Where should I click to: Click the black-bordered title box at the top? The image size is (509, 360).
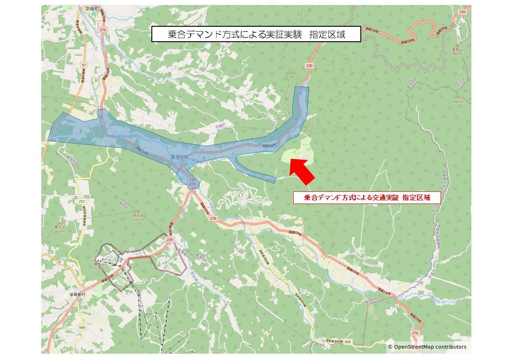pyautogui.click(x=256, y=34)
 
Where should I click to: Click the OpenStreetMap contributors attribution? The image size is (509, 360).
pyautogui.click(x=427, y=347)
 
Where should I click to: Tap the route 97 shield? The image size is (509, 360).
pyautogui.click(x=83, y=65)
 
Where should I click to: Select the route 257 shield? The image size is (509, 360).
pyautogui.click(x=82, y=201)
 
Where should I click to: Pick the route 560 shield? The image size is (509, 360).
pyautogui.click(x=82, y=327)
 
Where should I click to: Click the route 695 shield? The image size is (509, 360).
pyautogui.click(x=348, y=341)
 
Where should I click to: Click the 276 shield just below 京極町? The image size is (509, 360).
pyautogui.click(x=103, y=29)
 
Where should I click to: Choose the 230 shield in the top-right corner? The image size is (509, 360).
pyautogui.click(x=462, y=11)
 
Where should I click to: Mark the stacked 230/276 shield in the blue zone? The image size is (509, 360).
pyautogui.click(x=192, y=182)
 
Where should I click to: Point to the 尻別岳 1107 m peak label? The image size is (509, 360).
pyautogui.click(x=138, y=217)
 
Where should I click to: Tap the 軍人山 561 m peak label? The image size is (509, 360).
pyautogui.click(x=60, y=229)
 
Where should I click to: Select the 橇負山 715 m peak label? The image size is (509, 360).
pyautogui.click(x=99, y=266)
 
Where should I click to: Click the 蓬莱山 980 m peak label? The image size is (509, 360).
pyautogui.click(x=456, y=51)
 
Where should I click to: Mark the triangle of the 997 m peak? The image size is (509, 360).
pyautogui.click(x=458, y=97)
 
